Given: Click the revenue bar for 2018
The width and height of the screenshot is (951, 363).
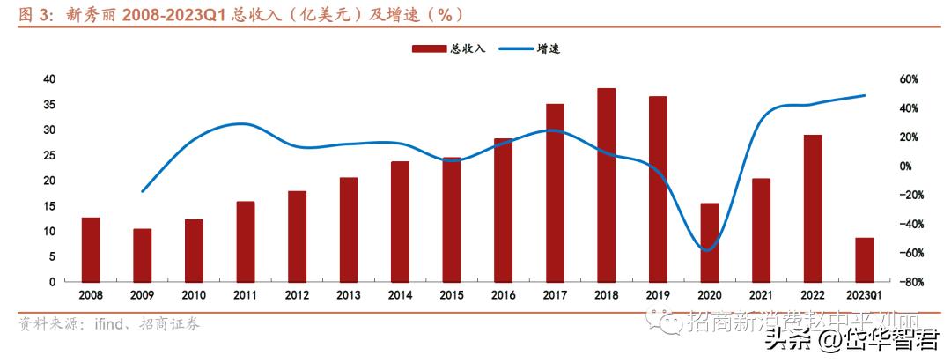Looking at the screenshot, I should pos(607,184).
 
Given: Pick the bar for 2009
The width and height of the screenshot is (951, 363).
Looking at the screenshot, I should pos(143,255).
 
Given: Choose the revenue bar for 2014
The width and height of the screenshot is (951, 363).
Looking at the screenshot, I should pos(400,221).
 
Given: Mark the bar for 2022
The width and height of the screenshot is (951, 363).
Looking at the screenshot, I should pos(813,208).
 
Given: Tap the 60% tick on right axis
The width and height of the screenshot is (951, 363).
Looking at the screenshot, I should pos(909,79).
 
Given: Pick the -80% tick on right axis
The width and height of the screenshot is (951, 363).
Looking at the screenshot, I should pos(909,282).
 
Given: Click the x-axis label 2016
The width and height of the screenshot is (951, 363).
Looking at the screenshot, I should pos(504,296).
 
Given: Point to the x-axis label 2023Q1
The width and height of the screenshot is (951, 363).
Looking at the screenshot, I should pos(864,296).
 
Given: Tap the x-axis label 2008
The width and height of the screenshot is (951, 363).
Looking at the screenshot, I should pos(91,296).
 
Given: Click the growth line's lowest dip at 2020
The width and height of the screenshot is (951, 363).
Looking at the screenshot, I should pos(707,249).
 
